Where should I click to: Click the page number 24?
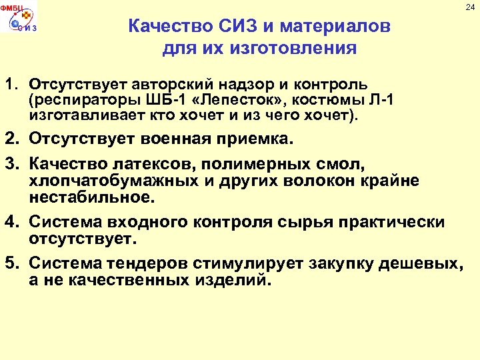470,7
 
